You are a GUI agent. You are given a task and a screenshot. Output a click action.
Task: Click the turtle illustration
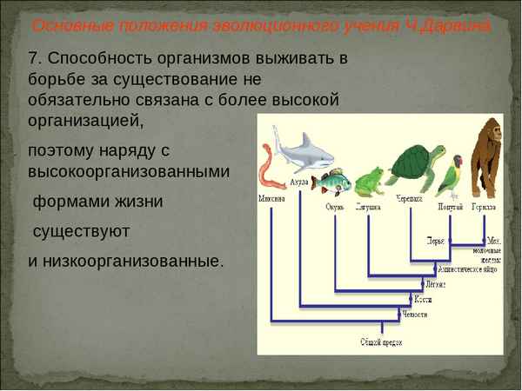coord(415,165)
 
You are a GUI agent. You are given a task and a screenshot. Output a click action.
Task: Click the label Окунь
coord(335,208)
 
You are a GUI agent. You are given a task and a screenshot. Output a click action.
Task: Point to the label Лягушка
coord(369,208)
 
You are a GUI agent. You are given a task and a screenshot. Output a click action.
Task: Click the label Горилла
coord(484,208)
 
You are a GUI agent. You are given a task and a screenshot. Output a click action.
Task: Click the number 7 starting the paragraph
coord(34,59)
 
